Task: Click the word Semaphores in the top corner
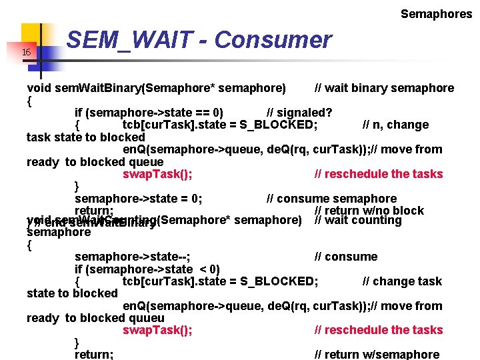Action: [x=436, y=13]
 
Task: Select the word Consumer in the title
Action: [x=273, y=41]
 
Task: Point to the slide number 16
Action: [x=26, y=53]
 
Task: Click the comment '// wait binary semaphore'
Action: [x=384, y=88]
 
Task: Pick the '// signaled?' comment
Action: [x=299, y=112]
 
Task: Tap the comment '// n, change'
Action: [x=395, y=125]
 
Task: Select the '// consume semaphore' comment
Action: [x=331, y=199]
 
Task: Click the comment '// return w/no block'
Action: [x=369, y=211]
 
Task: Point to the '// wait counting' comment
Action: [x=358, y=221]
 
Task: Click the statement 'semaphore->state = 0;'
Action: [x=139, y=199]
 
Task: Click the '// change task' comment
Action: [x=402, y=281]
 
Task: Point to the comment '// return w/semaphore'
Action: [x=377, y=355]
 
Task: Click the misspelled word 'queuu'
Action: [x=147, y=318]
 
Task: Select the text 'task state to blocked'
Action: [x=77, y=137]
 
